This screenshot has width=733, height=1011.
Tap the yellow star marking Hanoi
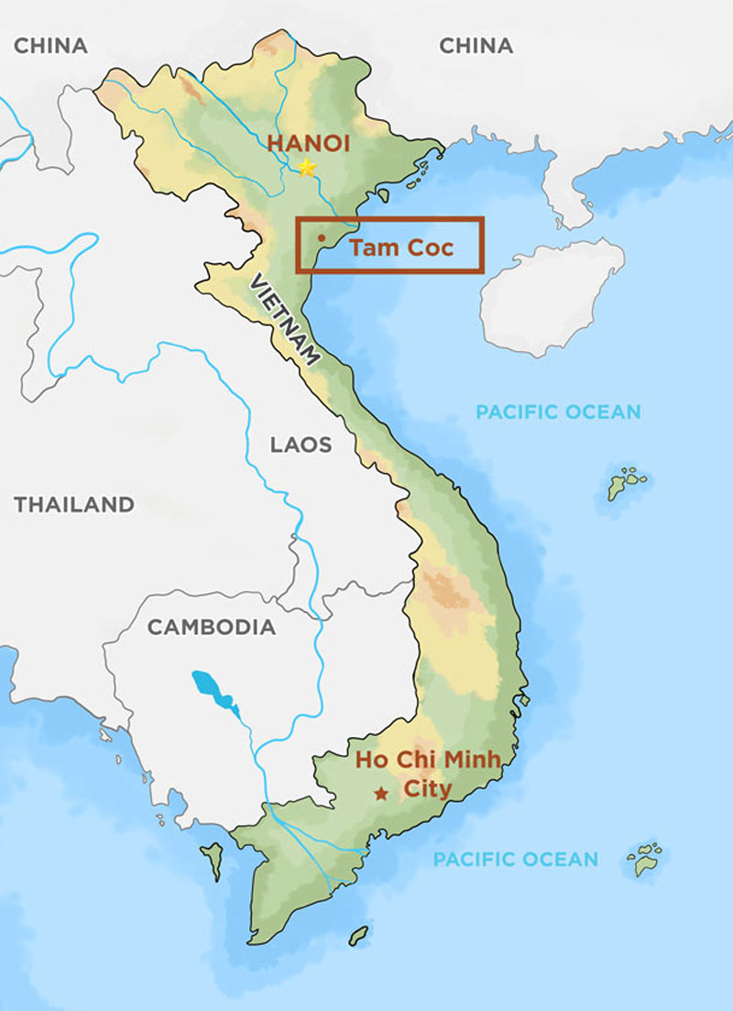[307, 168]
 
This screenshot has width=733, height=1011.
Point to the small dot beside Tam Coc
[320, 238]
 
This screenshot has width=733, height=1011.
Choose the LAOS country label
[301, 445]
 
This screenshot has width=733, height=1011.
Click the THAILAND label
[74, 504]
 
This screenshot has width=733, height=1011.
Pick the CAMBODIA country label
[212, 628]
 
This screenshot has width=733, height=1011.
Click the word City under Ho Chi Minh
[428, 789]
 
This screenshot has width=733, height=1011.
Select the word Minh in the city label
[471, 760]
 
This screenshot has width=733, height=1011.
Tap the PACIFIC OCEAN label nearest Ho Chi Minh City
[515, 860]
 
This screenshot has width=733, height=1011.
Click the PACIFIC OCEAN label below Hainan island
[558, 412]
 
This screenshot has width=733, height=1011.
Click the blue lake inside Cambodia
[213, 691]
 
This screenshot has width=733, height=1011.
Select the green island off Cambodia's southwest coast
[213, 860]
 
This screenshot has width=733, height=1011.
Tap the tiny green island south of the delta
[358, 935]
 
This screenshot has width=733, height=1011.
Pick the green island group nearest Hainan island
[626, 483]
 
